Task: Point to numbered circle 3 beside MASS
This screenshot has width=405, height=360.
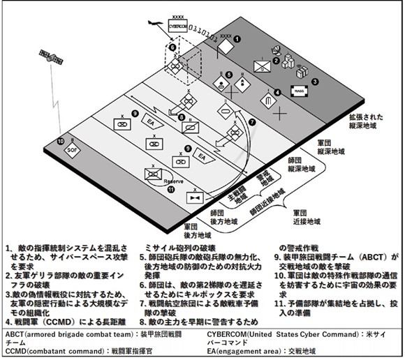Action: pos(315,82)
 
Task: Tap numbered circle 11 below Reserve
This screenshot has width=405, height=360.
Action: pos(171,188)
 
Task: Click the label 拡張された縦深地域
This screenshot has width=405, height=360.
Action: pos(366,132)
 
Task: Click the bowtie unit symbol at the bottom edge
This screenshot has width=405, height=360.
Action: pos(193,200)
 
